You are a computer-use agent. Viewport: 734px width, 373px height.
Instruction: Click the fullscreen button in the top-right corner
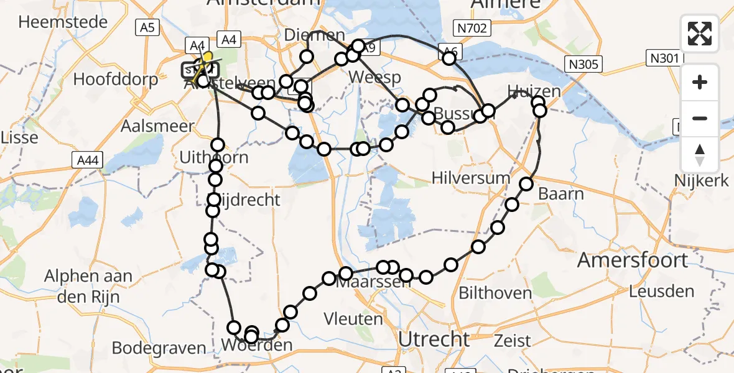(700, 33)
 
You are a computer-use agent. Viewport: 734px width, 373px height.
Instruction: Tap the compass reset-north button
(700, 155)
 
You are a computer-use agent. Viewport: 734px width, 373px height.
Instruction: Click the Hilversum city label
(472, 178)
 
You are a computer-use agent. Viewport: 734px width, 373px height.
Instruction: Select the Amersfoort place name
(633, 260)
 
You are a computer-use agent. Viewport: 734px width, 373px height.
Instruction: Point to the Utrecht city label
(434, 339)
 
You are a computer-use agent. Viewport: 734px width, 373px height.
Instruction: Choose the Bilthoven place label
(495, 292)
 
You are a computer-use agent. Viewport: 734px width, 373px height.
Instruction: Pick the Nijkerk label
(702, 181)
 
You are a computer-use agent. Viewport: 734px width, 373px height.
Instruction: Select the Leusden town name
(661, 290)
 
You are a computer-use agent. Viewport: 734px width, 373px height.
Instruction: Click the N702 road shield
(473, 27)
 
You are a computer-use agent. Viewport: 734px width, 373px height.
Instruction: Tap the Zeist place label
(513, 340)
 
